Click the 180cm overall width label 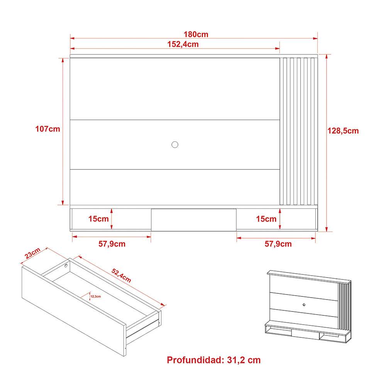click(196, 34)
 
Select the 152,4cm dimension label click(183, 44)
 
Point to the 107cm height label click(47, 129)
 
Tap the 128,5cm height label click(343, 130)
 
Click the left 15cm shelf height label click(98, 219)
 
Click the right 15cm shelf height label click(266, 219)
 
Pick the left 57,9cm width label click(112, 244)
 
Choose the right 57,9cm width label click(278, 244)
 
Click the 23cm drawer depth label click(33, 254)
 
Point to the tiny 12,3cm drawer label click(96, 296)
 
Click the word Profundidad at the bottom click(195, 360)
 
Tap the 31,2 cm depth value click(243, 360)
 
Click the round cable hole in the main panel click(174, 145)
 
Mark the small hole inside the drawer click(66, 265)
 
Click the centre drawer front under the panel click(193, 219)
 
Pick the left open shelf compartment click(110, 219)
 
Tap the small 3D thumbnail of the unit click(309, 307)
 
